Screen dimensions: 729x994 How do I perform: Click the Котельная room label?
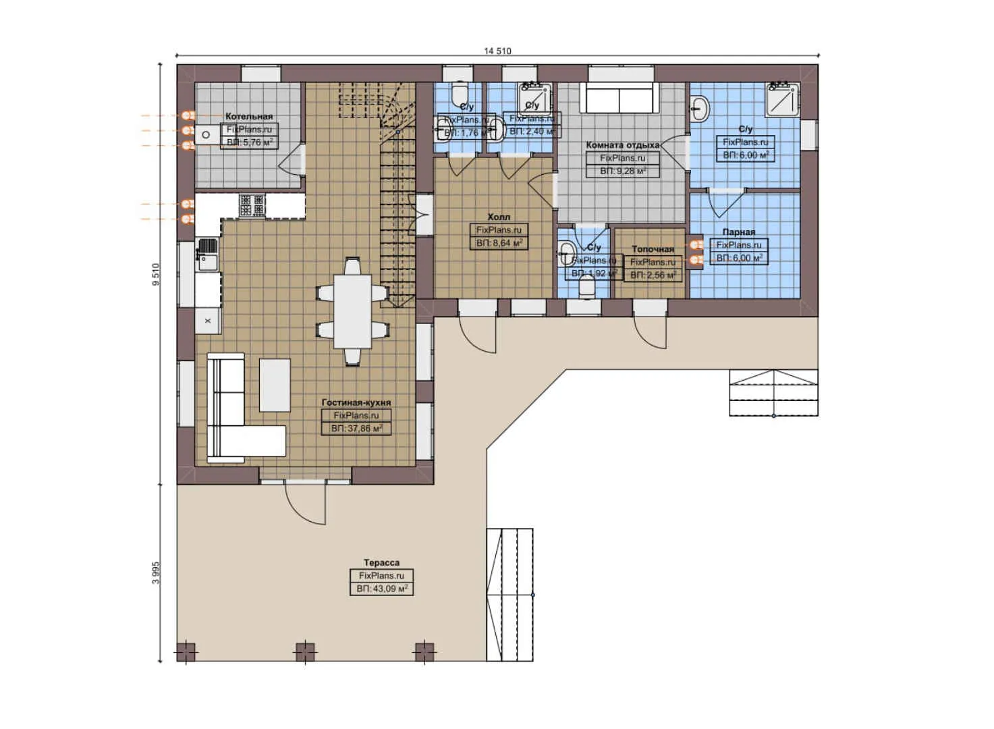point(249,117)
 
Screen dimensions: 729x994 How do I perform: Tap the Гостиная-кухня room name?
point(356,402)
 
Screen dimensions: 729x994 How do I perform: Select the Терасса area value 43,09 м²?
point(381,589)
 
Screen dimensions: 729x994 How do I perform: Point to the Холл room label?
point(499,217)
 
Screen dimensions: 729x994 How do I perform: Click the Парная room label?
point(738,232)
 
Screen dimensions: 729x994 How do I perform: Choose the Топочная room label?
point(653,249)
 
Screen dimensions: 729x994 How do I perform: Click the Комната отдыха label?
point(622,145)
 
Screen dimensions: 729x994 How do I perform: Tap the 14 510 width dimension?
point(497,51)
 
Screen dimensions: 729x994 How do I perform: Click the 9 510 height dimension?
point(157,275)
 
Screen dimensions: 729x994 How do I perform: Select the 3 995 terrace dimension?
point(157,572)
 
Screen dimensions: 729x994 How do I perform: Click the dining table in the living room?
point(353,310)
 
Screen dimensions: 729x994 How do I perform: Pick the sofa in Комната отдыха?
point(619,99)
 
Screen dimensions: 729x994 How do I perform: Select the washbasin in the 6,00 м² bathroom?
point(700,107)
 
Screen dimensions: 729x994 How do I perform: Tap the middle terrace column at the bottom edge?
point(305,652)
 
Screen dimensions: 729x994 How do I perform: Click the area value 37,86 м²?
point(356,429)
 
